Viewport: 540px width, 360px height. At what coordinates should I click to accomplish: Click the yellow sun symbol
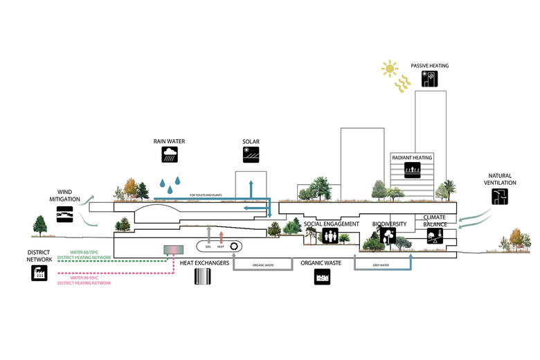pos(389,69)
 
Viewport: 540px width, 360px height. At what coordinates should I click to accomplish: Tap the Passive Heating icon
pos(430,80)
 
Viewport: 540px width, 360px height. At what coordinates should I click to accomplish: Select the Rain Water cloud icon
pos(169,154)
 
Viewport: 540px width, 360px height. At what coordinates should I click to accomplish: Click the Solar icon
pos(251,154)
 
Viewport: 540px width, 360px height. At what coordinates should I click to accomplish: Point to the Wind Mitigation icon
pos(65,215)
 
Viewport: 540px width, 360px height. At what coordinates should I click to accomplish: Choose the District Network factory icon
pos(39,273)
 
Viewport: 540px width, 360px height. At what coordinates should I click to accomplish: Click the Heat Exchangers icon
pos(203,277)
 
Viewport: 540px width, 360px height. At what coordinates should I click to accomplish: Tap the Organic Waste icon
pos(322,277)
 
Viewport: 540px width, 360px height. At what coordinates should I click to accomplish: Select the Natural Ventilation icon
pos(499,197)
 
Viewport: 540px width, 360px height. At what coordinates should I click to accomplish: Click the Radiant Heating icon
pos(412,169)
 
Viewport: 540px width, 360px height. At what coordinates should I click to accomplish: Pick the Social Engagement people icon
pos(330,237)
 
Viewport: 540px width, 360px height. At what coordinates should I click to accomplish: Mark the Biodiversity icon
pos(388,237)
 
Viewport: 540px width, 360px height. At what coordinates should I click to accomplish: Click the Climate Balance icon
pos(435,237)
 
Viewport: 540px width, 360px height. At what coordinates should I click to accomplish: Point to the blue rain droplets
pos(169,183)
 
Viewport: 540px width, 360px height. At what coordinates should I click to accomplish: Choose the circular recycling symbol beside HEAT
pos(235,246)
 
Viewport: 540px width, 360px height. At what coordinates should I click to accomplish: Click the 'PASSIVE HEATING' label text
pos(429,66)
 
